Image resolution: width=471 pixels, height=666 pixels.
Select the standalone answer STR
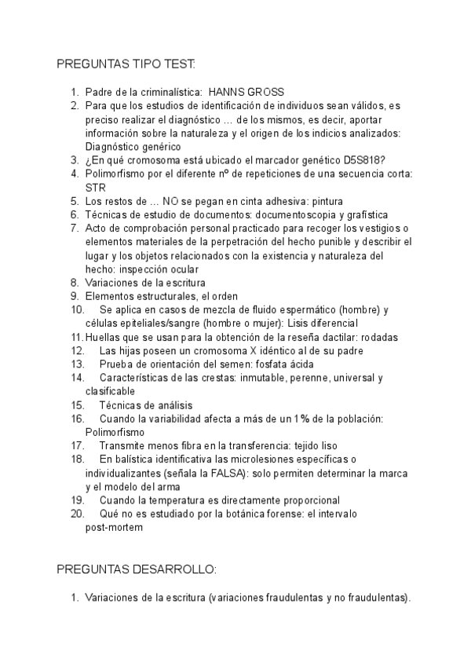pos(95,188)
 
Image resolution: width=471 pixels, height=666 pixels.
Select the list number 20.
pos(77,514)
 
